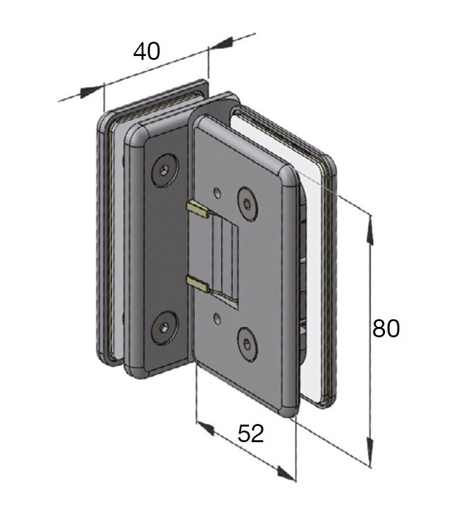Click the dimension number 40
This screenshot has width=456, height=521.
147,51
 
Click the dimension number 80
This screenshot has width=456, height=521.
386,328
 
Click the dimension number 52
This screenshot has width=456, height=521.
251,433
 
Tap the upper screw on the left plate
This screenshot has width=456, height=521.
165,171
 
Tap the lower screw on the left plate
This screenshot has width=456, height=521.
164,328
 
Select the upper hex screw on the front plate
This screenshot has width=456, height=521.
248,203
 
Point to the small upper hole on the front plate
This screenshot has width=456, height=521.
217,192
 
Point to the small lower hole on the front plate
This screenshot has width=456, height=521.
217,318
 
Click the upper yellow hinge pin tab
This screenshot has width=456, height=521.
198,209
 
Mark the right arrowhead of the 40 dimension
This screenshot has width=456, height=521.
221,44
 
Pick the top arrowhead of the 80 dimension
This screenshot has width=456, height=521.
369,230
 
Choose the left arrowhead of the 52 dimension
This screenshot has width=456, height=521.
206,429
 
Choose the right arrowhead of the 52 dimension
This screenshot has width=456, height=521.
287,473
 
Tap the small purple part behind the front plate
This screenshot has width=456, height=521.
304,321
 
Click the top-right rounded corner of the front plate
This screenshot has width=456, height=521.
289,175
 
